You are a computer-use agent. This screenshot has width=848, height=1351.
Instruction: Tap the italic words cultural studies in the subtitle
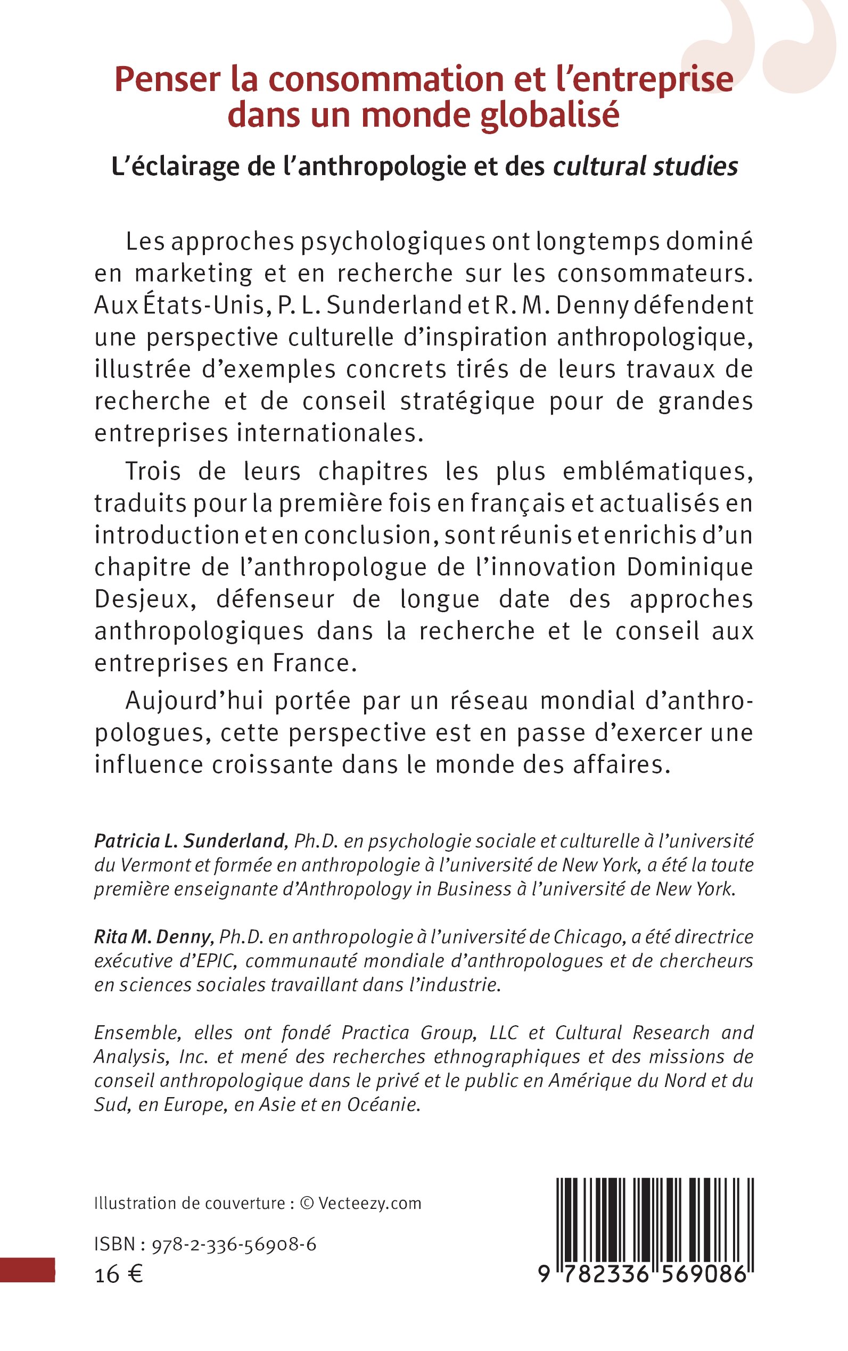click(645, 167)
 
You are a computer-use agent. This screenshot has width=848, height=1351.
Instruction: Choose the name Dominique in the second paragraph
click(689, 567)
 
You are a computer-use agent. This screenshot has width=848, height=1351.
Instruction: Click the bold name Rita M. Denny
click(154, 936)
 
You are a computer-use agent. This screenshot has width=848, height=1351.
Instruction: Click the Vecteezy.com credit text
click(369, 1204)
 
